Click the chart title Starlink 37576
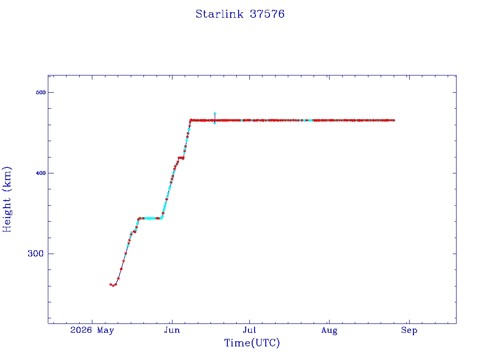click(x=240, y=14)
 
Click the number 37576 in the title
click(x=267, y=14)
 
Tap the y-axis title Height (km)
click(x=7, y=199)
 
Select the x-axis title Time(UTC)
click(x=252, y=343)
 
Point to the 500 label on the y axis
click(x=41, y=92)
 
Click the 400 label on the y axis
click(x=41, y=173)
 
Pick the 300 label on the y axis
click(x=36, y=254)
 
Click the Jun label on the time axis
click(x=172, y=330)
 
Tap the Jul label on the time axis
click(x=249, y=330)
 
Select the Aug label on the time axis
click(x=330, y=330)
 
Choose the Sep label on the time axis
click(x=409, y=330)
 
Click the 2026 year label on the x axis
click(x=81, y=330)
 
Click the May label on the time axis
click(x=105, y=330)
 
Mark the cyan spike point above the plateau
click(x=215, y=113)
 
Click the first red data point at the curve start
click(x=111, y=285)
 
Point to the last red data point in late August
click(x=394, y=120)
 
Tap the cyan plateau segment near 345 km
click(x=150, y=218)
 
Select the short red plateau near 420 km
click(x=181, y=158)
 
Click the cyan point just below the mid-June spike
click(x=215, y=123)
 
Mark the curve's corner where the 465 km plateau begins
click(x=190, y=120)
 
